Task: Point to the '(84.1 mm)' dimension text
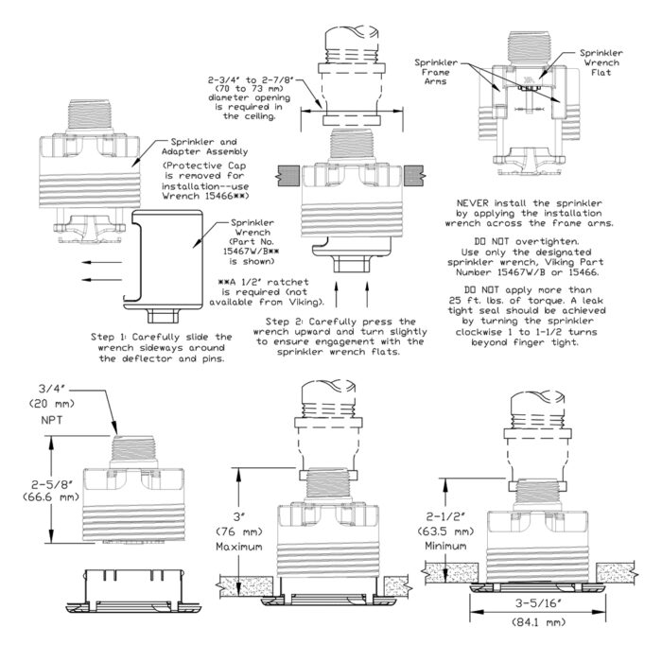point(537,621)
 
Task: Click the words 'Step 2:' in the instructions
point(291,322)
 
